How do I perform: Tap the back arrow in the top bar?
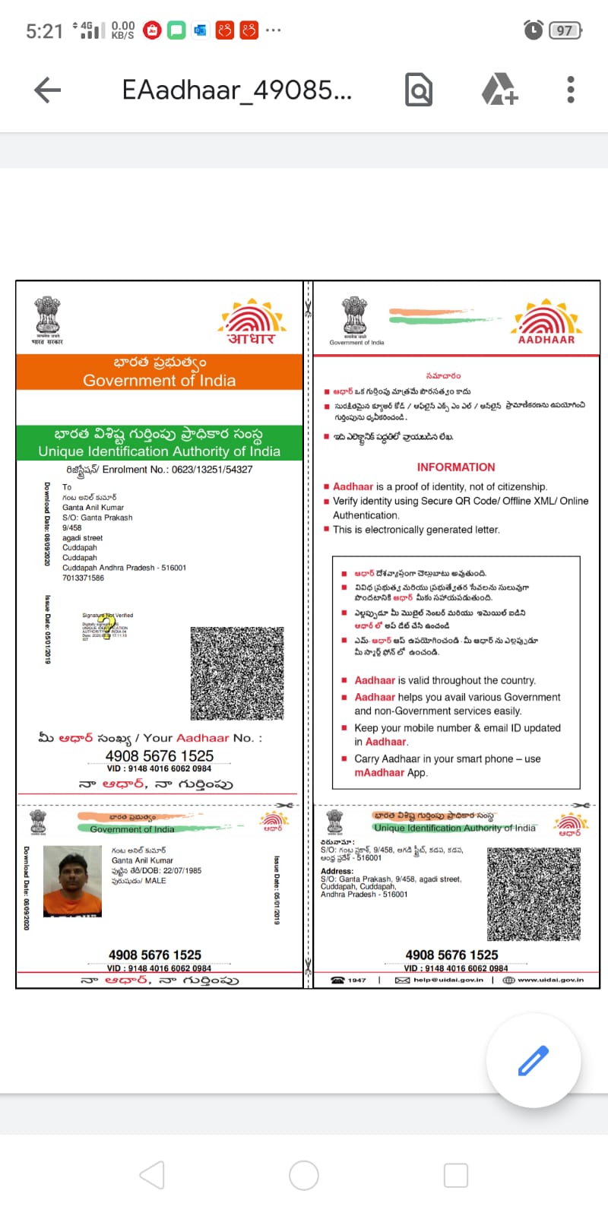coord(47,90)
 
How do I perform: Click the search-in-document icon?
coord(419,90)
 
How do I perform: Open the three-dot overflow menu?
coord(571,90)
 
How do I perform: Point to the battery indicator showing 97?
coord(565,30)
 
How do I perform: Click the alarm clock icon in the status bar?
coord(534,30)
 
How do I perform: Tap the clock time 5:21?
coord(44,31)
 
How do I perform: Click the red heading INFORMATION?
coord(455,467)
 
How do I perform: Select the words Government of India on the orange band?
coord(159,381)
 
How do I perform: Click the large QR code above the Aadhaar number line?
coord(237,673)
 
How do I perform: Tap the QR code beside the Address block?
coord(534,894)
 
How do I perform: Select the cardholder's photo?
coord(73,881)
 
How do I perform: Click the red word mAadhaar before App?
coord(379,773)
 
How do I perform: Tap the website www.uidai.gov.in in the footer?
coord(550,980)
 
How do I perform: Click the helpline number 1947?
coord(356,980)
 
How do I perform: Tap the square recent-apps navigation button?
coord(455,1175)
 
